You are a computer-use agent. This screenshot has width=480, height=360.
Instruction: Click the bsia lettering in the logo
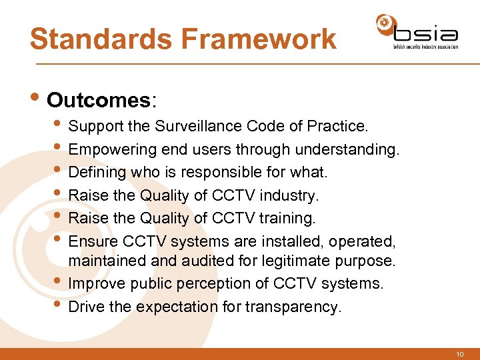point(425,33)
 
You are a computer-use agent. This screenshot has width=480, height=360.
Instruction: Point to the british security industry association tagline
point(425,47)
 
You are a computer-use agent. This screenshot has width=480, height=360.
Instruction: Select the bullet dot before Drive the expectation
point(60,306)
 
